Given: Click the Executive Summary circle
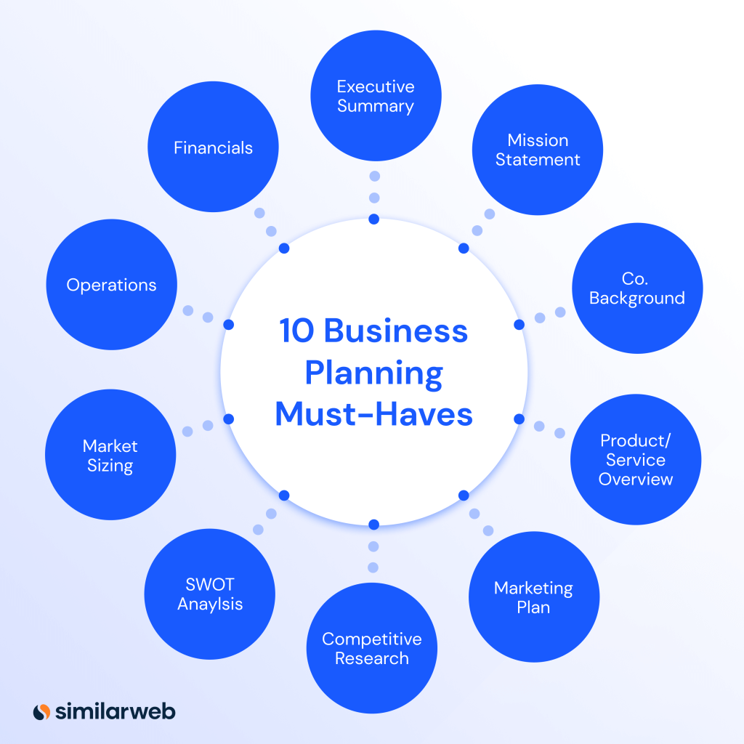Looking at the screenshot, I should pos(376,96).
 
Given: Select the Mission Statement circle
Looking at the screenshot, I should pos(538,150).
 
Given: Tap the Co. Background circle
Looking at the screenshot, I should pos(637,288).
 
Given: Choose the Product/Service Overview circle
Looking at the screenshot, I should pos(636,460).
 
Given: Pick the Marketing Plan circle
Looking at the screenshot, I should pos(534,597).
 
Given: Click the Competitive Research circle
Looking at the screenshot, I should pos(372,649).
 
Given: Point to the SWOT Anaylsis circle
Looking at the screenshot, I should pos(210,594).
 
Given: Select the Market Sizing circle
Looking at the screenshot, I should pos(110,455).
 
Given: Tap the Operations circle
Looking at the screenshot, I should pos(111,285).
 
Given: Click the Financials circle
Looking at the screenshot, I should pos(213,147).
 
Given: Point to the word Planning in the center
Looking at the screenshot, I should pos(373,373).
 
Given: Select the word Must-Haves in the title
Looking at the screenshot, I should pos(373,415).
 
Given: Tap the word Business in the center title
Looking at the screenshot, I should pos(395,331).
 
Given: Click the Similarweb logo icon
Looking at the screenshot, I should pos(41,711).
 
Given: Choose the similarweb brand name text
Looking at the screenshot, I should pos(116,711).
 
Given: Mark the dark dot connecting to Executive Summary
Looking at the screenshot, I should pos(373,219).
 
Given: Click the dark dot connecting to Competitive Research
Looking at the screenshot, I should pos(373,525).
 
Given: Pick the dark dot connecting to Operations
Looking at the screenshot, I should pos(228,324).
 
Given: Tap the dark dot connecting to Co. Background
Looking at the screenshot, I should pos(519,324).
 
